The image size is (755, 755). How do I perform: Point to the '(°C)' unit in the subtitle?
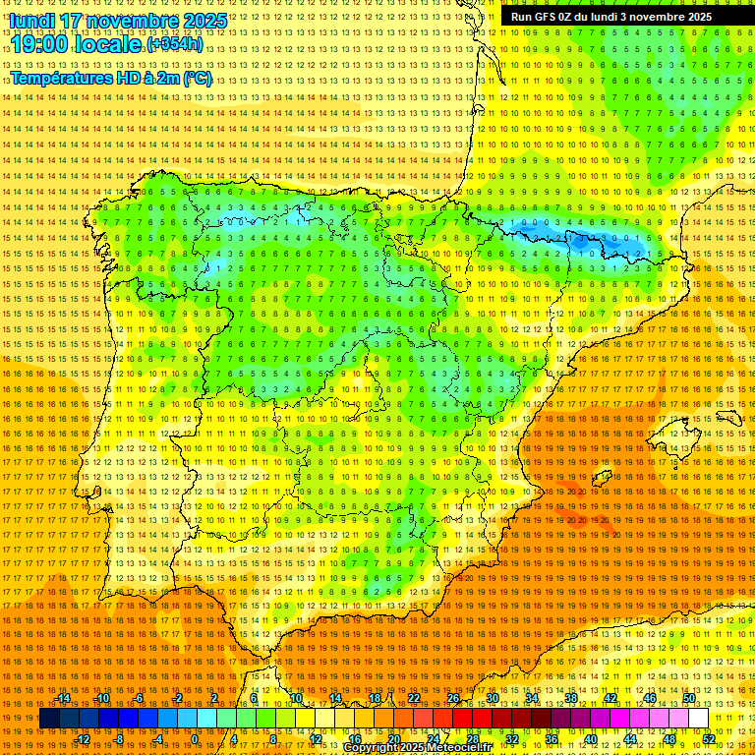pyautogui.click(x=198, y=78)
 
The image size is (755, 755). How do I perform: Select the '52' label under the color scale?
pyautogui.click(x=709, y=739)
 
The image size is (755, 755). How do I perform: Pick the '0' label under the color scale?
pyautogui.click(x=196, y=739)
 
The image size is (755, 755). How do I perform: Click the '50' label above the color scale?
pyautogui.click(x=689, y=698)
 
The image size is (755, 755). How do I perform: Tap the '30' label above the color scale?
pyautogui.click(x=492, y=698)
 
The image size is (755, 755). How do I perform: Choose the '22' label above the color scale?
pyautogui.click(x=413, y=698)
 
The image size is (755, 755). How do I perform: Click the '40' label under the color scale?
pyautogui.click(x=591, y=739)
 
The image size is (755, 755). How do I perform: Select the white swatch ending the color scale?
pyautogui.click(x=698, y=719)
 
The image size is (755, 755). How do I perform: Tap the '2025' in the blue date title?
pyautogui.click(x=203, y=21)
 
